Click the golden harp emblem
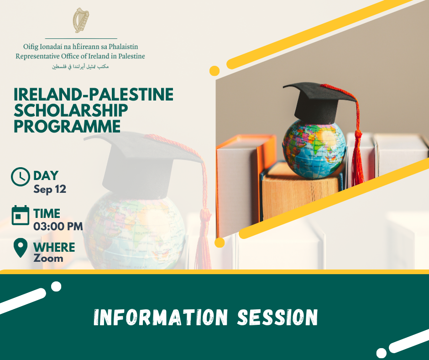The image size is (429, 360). tap(81, 20)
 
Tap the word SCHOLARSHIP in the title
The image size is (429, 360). tap(71, 111)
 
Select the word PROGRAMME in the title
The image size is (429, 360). tap(67, 126)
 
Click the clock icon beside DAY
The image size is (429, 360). tap(21, 177)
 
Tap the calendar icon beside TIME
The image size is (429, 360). tap(21, 215)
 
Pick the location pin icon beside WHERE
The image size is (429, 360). tap(21, 248)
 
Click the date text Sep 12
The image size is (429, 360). tap(50, 189)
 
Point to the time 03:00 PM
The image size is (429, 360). tap(58, 227)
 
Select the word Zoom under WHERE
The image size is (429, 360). tap(48, 259)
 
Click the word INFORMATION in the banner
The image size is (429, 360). tap(161, 318)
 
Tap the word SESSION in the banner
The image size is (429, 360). tap(277, 318)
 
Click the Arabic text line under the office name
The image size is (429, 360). tap(80, 67)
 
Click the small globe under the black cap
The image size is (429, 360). tap(314, 149)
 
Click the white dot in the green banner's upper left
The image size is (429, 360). tap(56, 286)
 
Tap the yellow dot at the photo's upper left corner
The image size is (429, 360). tap(214, 71)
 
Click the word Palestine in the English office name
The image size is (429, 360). tap(131, 57)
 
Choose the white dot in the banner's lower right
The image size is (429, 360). tap(382, 353)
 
